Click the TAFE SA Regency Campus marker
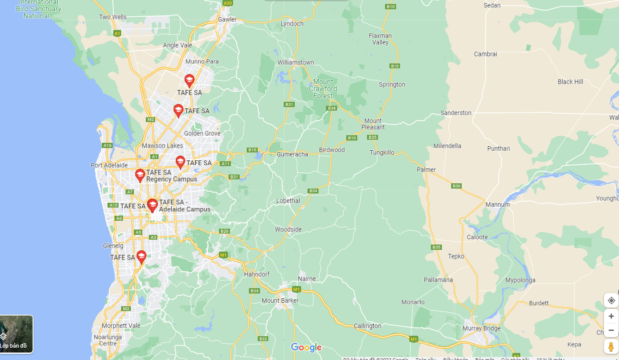pos(140,175)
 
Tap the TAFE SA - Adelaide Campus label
pos(185,206)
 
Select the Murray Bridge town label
pos(482,328)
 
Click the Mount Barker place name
pos(280,301)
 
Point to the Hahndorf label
pos(256,274)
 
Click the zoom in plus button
pos(611,316)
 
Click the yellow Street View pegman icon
pos(611,347)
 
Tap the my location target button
pos(611,301)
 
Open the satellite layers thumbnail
pos(16,334)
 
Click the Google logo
pos(306,348)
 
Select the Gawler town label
pos(227,19)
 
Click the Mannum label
pos(497,204)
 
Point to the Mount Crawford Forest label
pos(323,89)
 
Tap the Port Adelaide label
pos(109,165)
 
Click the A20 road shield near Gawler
pos(227,3)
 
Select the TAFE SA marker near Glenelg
pos(141,256)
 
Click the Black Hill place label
pos(570,82)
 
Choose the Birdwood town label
pos(332,150)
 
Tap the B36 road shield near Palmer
pos(456,186)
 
